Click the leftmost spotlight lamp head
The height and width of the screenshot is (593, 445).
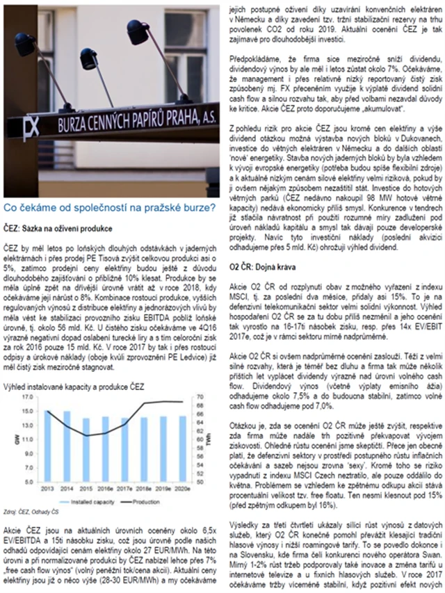pos(26,46)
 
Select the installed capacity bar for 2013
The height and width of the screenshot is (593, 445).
pos(48,443)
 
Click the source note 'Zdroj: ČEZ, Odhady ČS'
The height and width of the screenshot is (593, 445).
pos(33,512)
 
